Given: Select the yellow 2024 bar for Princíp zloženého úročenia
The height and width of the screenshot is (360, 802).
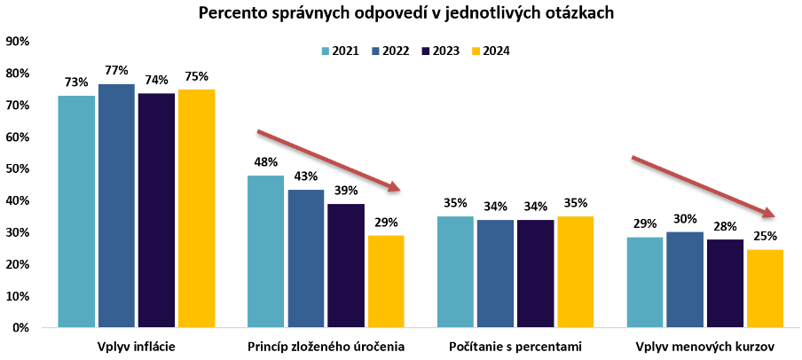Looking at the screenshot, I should tap(386, 281).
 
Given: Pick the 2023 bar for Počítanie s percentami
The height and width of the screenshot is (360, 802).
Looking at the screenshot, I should tap(536, 273).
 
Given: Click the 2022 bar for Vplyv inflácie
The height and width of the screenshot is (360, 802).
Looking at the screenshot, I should tap(116, 206).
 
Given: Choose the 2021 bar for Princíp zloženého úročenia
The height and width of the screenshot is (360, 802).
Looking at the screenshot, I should tap(266, 251).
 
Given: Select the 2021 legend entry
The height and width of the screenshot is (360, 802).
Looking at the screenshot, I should tap(340, 51).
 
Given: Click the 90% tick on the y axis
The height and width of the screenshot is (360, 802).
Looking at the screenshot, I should tap(18, 42).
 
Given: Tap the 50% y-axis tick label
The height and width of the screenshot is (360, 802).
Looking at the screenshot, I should tap(18, 168).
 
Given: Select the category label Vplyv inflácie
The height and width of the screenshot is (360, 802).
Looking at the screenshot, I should tap(136, 345).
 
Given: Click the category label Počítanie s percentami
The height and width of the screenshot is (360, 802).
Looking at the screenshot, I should tap(515, 345).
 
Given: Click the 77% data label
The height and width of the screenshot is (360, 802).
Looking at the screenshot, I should tap(116, 71).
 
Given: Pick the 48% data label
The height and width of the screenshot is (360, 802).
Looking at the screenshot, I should tap(266, 162).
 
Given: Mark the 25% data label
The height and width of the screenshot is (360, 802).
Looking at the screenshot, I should tap(765, 236).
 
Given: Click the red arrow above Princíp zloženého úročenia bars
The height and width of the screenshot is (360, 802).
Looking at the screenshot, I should tap(328, 160).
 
